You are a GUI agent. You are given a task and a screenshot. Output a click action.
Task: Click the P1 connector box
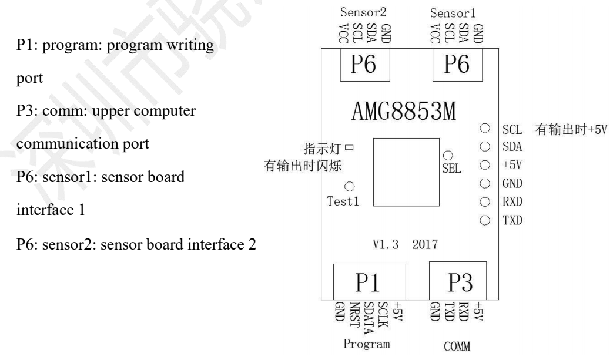(x=369, y=283)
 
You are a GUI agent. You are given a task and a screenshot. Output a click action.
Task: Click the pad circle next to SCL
(x=485, y=128)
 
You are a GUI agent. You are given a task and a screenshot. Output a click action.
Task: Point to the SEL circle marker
(x=448, y=156)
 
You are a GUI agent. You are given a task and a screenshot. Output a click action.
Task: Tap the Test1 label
(x=341, y=201)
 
